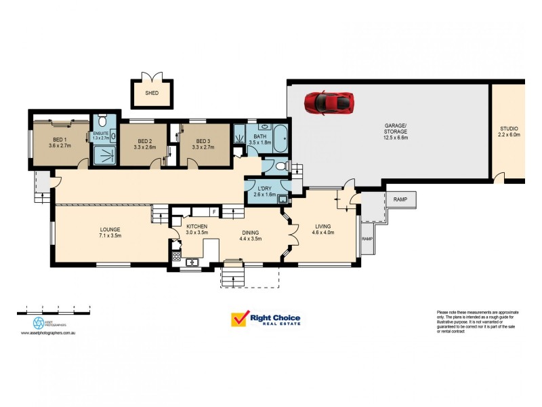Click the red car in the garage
pyautogui.click(x=329, y=102)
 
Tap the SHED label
pyautogui.click(x=152, y=93)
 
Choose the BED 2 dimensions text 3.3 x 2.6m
pyautogui.click(x=145, y=147)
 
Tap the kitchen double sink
pyautogui.click(x=191, y=261)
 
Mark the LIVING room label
pyautogui.click(x=322, y=225)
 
